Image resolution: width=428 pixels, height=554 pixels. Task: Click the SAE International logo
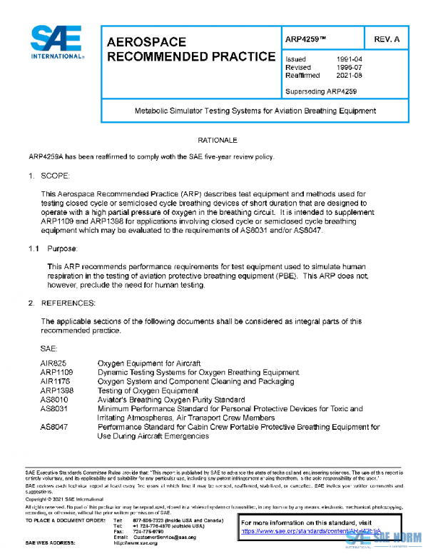tap(55, 42)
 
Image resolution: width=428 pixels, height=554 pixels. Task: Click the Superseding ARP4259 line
tap(321, 91)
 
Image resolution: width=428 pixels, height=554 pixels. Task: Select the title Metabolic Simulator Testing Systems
tap(255, 111)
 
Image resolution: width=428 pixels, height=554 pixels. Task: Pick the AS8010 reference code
tap(53, 400)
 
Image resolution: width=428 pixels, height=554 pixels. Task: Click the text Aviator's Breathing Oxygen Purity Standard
tap(171, 400)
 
